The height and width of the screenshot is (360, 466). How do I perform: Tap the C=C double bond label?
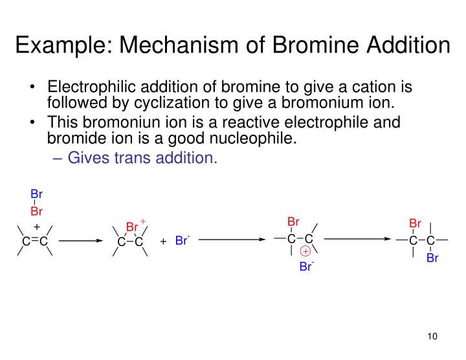36,242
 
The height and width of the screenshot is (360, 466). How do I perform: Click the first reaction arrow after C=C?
81,241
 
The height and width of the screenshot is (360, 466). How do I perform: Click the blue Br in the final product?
432,258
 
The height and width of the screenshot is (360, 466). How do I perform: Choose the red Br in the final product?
415,224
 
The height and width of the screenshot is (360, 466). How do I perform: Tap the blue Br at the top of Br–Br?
36,194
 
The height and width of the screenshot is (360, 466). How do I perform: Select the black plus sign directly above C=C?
36,227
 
